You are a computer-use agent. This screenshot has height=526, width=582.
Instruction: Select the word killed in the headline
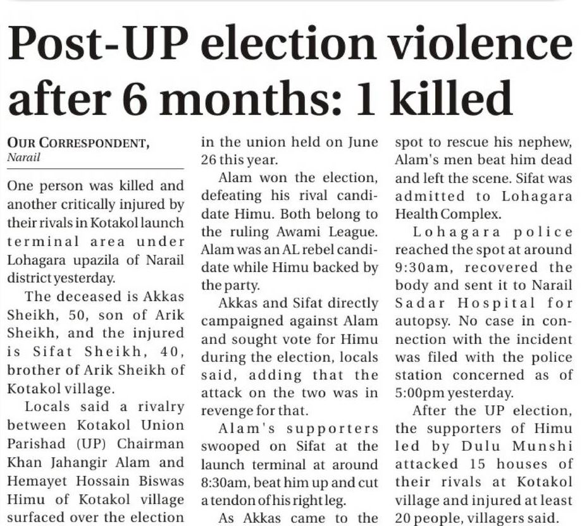click(449, 98)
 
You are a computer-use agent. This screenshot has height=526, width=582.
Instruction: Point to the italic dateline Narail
click(23, 158)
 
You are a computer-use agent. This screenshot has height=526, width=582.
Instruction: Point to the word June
click(363, 142)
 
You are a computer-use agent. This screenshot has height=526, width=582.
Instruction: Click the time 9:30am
click(414, 268)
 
